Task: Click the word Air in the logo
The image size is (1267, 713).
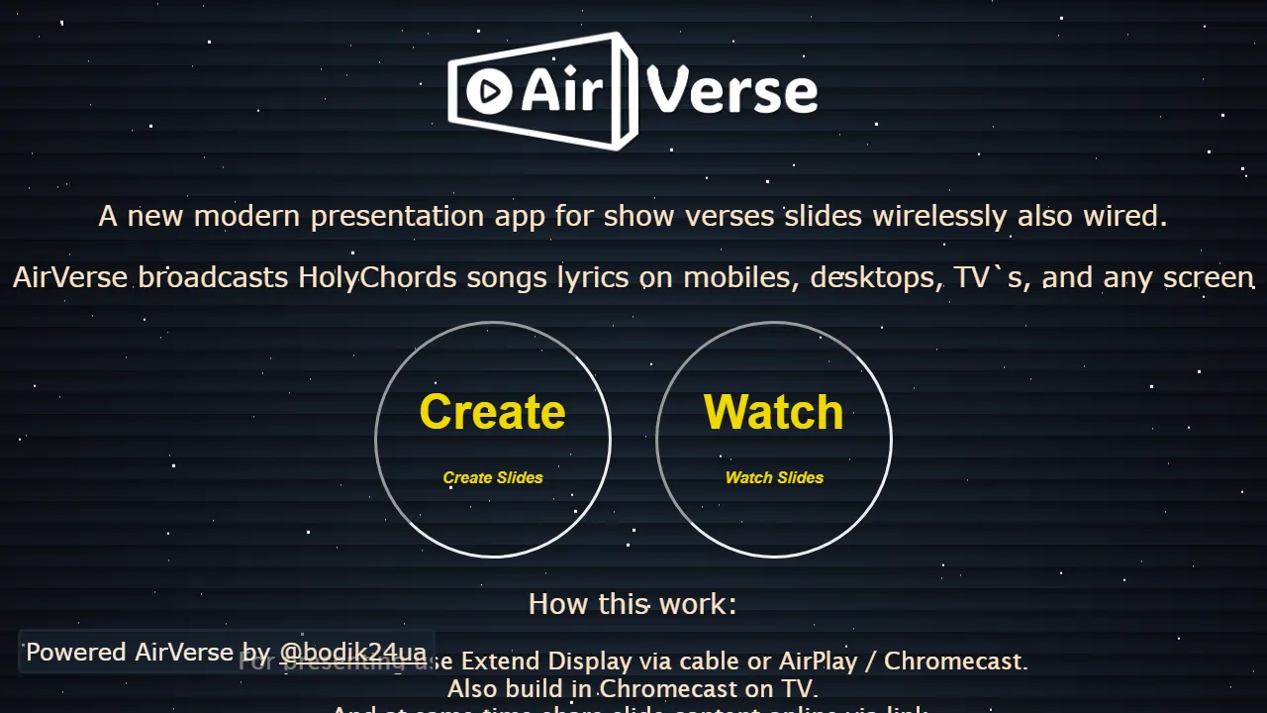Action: click(560, 91)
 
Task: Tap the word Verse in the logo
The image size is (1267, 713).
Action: click(733, 91)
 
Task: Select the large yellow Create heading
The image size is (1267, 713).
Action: click(492, 412)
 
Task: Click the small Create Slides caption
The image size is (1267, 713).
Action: click(493, 477)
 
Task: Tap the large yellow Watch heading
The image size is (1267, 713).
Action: click(773, 412)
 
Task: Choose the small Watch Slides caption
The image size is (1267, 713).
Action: click(774, 477)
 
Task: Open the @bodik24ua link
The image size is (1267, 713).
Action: click(352, 653)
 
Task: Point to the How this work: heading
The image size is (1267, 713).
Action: click(633, 604)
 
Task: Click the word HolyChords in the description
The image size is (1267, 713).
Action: click(378, 277)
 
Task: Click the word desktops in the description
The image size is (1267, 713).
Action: click(872, 277)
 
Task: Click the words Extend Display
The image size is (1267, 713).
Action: click(546, 661)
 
